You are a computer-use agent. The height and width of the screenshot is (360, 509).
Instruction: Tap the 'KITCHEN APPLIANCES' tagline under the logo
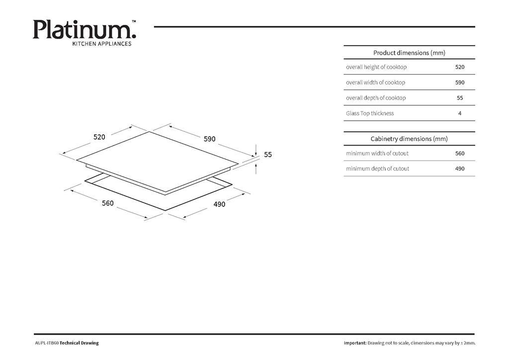point(101,44)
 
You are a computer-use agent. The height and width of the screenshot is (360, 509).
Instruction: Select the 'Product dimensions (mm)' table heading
point(409,53)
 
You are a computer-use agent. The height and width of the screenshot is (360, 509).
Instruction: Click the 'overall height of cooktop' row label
point(376,67)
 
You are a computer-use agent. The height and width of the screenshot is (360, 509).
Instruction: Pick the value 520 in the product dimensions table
point(460,67)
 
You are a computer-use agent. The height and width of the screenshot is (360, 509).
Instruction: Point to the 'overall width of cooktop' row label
point(376,83)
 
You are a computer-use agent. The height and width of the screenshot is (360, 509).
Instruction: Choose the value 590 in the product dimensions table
point(460,83)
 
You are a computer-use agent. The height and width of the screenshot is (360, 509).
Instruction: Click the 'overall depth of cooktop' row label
point(376,98)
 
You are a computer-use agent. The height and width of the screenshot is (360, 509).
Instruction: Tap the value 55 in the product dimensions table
point(460,98)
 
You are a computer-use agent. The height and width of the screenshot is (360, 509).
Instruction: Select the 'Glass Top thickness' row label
point(370,113)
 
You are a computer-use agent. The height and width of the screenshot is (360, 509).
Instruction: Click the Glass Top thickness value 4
point(460,113)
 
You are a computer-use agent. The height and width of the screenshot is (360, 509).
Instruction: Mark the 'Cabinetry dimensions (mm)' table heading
point(409,139)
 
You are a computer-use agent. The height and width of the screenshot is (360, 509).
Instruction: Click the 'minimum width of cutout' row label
point(377,153)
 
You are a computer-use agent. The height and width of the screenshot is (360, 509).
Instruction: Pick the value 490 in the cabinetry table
point(460,169)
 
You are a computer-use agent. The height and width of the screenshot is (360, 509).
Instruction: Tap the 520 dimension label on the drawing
point(99,137)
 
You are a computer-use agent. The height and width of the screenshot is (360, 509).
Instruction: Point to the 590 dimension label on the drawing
point(210,139)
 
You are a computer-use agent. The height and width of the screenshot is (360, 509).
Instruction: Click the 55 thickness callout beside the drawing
point(268,155)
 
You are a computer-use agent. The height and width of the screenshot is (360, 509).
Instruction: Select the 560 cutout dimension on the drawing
point(108,203)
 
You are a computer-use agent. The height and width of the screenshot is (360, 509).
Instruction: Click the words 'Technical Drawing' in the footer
point(79,343)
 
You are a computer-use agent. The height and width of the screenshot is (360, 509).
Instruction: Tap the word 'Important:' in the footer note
point(355,343)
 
